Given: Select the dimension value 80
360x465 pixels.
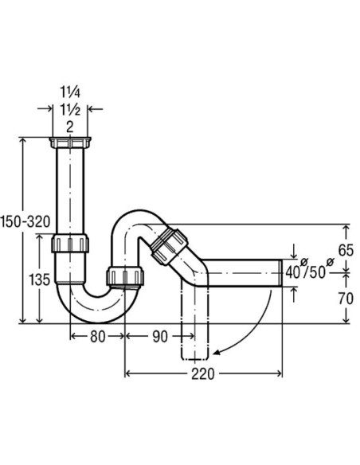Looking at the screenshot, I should point(96,336).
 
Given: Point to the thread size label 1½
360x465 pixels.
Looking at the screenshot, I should point(72,110).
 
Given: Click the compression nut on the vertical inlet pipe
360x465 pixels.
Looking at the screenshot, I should point(72,242).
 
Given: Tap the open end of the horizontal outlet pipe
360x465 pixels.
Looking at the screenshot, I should point(282,272).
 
